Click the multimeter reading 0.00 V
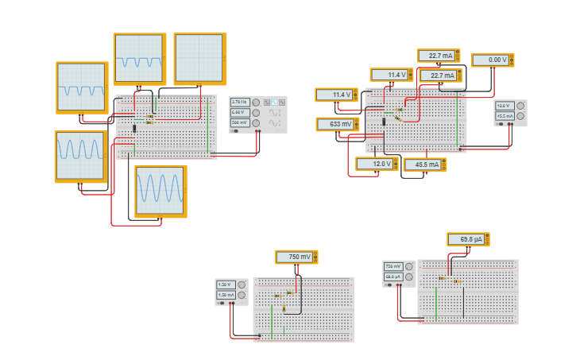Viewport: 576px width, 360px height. tap(492, 60)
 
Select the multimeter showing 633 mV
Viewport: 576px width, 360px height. tap(337, 124)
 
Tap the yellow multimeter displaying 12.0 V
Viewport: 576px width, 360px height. tap(376, 164)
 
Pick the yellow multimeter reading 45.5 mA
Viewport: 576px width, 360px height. tap(424, 165)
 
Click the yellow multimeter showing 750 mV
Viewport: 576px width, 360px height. tap(296, 257)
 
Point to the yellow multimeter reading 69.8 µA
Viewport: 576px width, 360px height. tap(468, 239)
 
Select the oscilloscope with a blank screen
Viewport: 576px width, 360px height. tap(199, 58)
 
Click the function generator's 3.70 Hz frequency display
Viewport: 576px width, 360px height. tap(240, 102)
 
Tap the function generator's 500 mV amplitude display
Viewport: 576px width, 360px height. tap(240, 122)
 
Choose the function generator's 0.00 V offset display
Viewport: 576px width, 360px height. tap(240, 112)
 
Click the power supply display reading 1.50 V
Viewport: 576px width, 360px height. tap(225, 285)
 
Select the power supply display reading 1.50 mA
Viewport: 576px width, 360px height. tap(225, 295)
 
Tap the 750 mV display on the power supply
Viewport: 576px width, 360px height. tap(393, 266)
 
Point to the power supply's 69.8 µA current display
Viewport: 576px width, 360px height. tap(393, 277)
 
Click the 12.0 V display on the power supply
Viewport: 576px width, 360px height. tap(504, 106)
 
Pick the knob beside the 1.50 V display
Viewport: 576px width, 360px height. tap(242, 285)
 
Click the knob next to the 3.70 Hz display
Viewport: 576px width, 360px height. tap(256, 102)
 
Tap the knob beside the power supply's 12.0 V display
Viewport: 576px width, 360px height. tap(520, 106)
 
